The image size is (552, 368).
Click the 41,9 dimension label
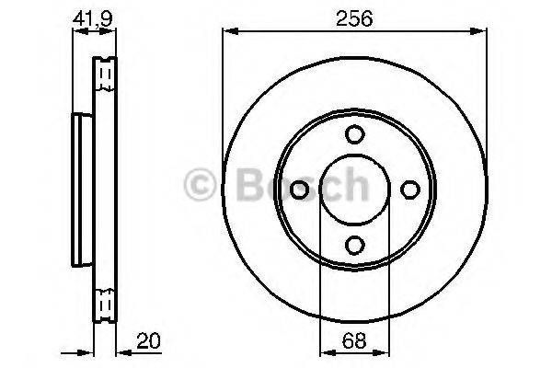[x=94, y=17]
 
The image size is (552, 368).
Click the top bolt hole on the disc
[x=354, y=135]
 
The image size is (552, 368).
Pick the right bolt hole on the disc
[x=408, y=190]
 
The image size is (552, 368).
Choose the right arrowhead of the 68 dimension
[x=384, y=352]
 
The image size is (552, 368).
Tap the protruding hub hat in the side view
[x=80, y=189]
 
